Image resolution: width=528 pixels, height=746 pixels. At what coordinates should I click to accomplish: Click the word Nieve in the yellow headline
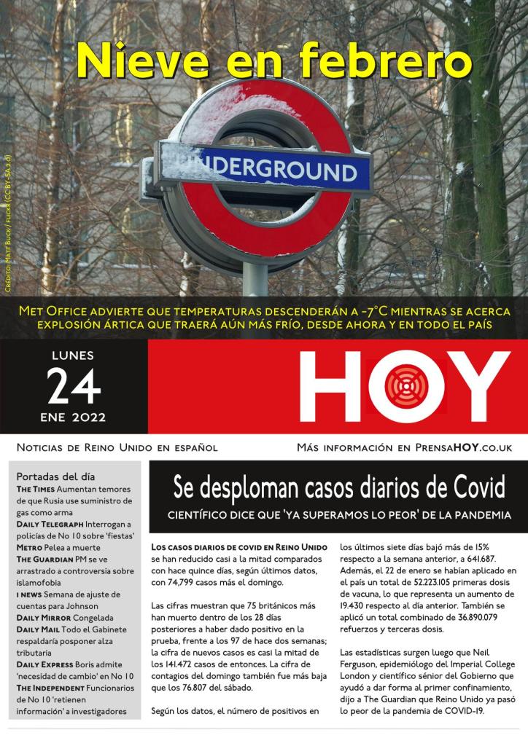pyautogui.click(x=138, y=60)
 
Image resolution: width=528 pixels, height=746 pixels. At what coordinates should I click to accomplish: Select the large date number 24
pyautogui.click(x=74, y=387)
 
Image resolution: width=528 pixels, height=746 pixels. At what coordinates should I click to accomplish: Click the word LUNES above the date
pyautogui.click(x=73, y=357)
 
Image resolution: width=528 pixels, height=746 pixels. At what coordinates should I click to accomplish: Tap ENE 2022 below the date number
pyautogui.click(x=73, y=417)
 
